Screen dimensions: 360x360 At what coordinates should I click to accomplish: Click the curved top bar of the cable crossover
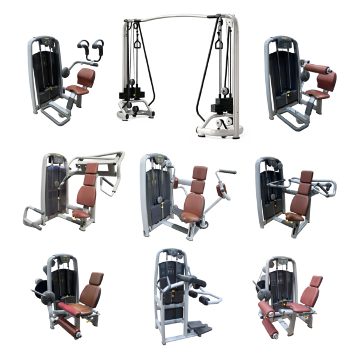(x=180, y=16)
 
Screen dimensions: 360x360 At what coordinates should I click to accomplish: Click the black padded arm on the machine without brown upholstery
(x=192, y=278)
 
